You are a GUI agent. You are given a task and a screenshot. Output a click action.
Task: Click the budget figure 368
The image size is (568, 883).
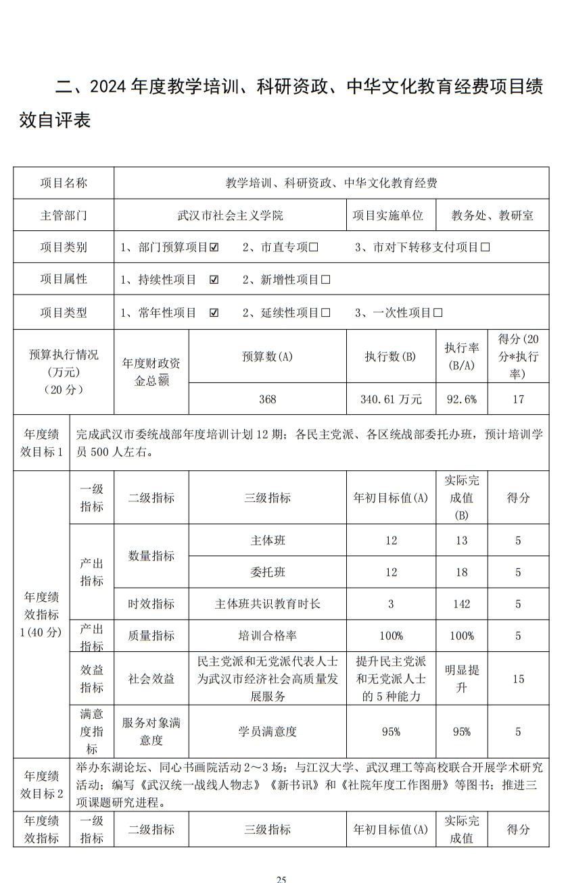(x=267, y=399)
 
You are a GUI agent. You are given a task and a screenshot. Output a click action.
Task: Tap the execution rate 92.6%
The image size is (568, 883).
(x=462, y=399)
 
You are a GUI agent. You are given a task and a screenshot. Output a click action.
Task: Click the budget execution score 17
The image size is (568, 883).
(x=518, y=399)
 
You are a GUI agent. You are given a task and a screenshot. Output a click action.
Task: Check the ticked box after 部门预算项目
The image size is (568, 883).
(x=214, y=247)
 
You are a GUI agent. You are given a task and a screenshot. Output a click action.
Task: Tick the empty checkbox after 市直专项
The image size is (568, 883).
(x=314, y=247)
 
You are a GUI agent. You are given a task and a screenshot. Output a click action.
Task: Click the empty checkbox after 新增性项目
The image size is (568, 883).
(x=326, y=280)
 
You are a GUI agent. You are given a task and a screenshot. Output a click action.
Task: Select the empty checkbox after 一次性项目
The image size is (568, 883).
(x=437, y=313)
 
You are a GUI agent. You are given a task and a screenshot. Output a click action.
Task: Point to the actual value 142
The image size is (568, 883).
(x=462, y=604)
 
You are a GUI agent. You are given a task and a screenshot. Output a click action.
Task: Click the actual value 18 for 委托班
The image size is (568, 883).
(x=462, y=572)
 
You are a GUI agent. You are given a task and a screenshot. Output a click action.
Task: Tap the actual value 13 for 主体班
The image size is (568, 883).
(x=462, y=540)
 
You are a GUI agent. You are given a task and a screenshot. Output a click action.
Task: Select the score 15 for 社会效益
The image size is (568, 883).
(x=518, y=679)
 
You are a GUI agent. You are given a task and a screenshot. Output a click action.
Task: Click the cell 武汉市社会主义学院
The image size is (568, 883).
(x=229, y=216)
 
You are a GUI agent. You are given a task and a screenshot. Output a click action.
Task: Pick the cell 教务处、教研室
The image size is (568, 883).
(x=492, y=216)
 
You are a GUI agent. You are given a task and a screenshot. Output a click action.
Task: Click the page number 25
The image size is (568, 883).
(x=281, y=879)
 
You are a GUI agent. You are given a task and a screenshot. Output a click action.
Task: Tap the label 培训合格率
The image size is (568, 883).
(x=267, y=636)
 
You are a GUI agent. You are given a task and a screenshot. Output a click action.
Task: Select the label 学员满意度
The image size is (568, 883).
(x=267, y=731)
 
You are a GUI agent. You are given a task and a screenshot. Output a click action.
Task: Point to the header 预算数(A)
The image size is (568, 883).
(x=267, y=357)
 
